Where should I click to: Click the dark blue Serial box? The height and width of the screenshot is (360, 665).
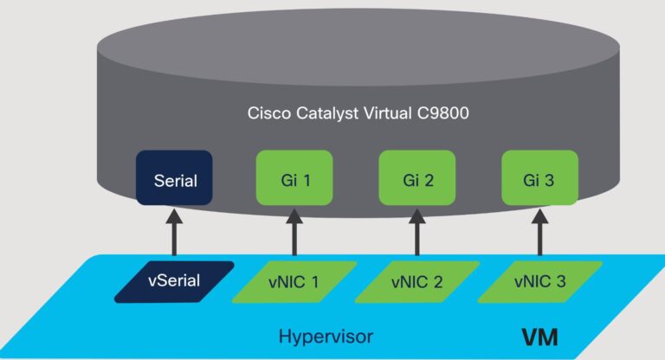coord(173,180)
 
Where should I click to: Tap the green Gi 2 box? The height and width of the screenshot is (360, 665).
coord(416,180)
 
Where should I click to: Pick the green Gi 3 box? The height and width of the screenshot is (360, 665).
coord(539,180)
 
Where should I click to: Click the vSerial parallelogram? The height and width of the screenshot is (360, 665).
coord(173,281)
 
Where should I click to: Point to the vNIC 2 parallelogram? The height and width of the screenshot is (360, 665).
coord(416,281)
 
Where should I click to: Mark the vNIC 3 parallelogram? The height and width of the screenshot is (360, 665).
coord(539,281)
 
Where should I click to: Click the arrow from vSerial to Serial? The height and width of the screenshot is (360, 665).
coord(173,232)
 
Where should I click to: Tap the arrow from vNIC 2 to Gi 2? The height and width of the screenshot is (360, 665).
coord(416,232)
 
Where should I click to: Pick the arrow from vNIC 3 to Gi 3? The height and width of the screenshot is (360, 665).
coord(539,232)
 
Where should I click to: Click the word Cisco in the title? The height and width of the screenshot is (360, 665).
coord(266,113)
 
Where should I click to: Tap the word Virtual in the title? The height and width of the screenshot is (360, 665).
coord(378,113)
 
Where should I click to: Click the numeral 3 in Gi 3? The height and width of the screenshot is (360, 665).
coord(551,180)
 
